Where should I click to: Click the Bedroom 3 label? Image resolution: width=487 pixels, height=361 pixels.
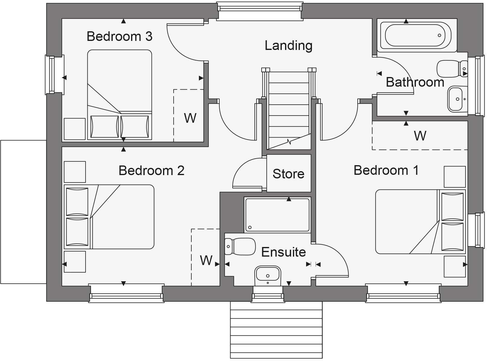coord(119,36)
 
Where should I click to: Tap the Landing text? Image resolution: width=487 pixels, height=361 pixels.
coord(288,45)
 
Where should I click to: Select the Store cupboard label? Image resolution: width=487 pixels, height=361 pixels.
coord(288,174)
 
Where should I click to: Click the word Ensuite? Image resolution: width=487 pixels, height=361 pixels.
coord(283,252)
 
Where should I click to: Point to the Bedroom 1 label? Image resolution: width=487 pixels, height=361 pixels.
coord(386,170)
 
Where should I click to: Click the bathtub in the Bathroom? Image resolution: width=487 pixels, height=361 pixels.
coord(416,35)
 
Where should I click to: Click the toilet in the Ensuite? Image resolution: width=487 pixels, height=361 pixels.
coord(240,247)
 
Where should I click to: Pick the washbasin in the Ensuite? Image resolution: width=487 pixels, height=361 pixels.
coord(268,275)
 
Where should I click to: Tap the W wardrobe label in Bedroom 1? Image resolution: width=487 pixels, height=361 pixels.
coord(420,136)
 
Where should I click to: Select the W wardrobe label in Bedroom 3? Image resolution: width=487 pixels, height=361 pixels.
coord(190,118)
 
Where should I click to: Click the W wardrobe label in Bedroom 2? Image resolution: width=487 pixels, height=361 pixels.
coord(206,261)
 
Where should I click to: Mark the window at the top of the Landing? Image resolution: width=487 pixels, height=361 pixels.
coord(259,11)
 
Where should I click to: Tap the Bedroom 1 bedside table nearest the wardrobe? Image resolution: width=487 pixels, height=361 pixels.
coord(454,177)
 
